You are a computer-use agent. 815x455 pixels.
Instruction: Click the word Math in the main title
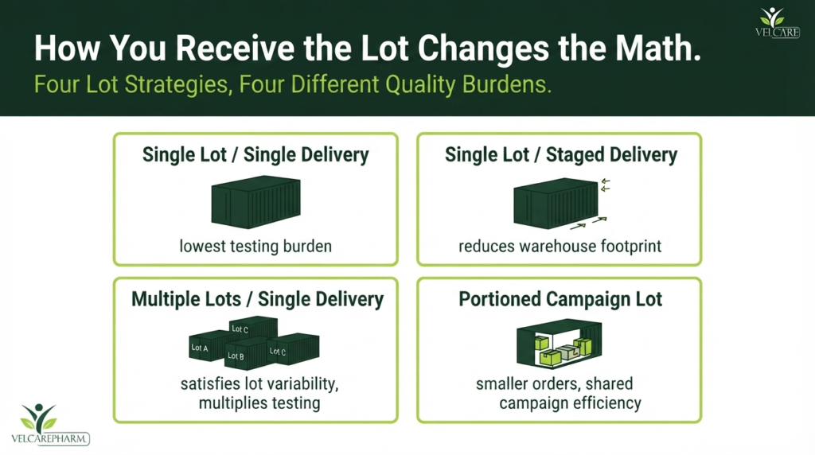coord(654,48)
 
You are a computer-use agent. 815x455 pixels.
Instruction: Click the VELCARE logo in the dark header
coord(777,22)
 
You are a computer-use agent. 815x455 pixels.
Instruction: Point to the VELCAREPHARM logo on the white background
coord(50,425)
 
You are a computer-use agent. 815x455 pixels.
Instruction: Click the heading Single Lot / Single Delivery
coord(255,155)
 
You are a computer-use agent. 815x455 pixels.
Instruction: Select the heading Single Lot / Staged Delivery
coord(561,155)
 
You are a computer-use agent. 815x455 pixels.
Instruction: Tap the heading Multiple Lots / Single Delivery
coord(257,299)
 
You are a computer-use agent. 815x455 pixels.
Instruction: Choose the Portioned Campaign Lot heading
coord(560,299)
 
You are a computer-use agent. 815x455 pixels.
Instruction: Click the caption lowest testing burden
coord(255,247)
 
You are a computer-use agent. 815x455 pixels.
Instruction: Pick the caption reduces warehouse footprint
coord(560,247)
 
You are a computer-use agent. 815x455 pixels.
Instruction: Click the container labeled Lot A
coord(207,345)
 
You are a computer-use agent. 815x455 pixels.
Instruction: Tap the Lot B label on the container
coord(236,356)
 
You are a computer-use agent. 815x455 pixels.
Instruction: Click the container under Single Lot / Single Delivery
coord(255,202)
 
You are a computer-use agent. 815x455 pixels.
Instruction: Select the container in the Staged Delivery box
coord(556,203)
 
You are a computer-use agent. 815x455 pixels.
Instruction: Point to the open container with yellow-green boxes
coord(560,344)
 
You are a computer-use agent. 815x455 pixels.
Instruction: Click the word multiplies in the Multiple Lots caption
coord(233,403)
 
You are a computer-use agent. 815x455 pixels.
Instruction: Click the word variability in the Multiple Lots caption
coord(302,384)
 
